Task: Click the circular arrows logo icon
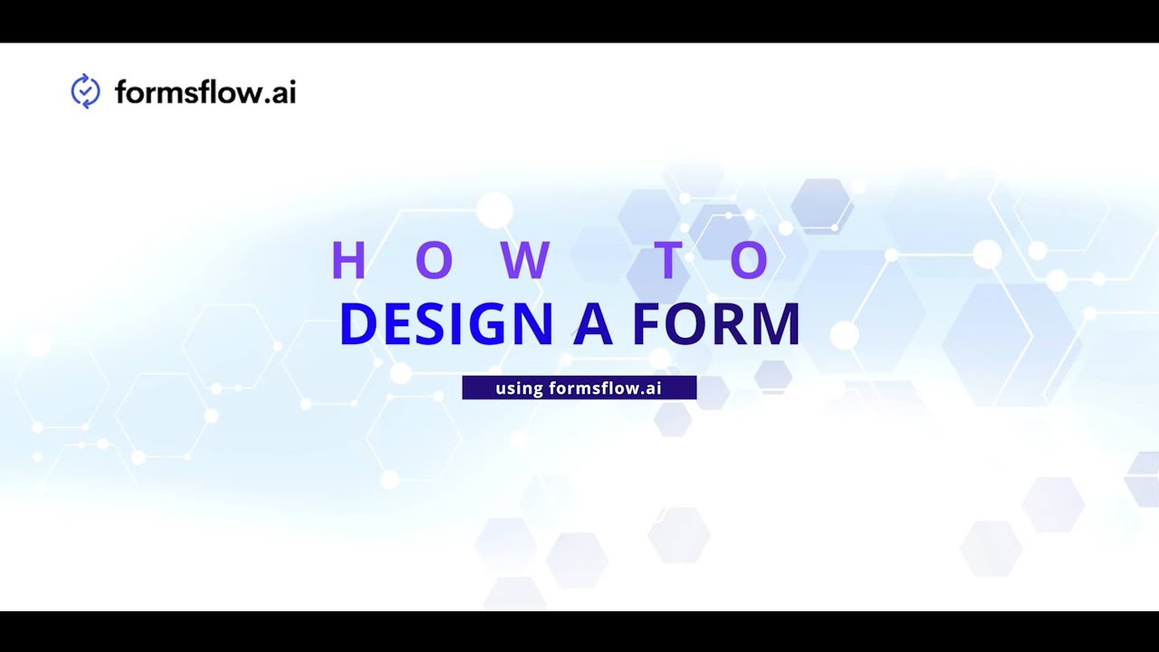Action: click(x=85, y=91)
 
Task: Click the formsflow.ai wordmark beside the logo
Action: click(x=206, y=92)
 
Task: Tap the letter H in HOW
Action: click(x=348, y=261)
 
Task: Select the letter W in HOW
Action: click(x=525, y=261)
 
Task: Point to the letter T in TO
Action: click(x=666, y=261)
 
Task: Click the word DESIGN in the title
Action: click(x=445, y=325)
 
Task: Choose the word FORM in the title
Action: click(x=716, y=325)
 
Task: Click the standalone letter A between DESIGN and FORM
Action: click(x=593, y=325)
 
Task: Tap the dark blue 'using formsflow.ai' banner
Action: click(x=579, y=388)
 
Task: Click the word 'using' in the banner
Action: click(x=519, y=388)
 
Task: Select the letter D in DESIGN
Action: click(x=358, y=325)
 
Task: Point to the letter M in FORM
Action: click(x=775, y=325)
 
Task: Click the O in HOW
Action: click(x=434, y=261)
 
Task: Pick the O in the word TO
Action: click(x=750, y=261)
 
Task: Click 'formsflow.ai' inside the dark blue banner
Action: click(x=606, y=388)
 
